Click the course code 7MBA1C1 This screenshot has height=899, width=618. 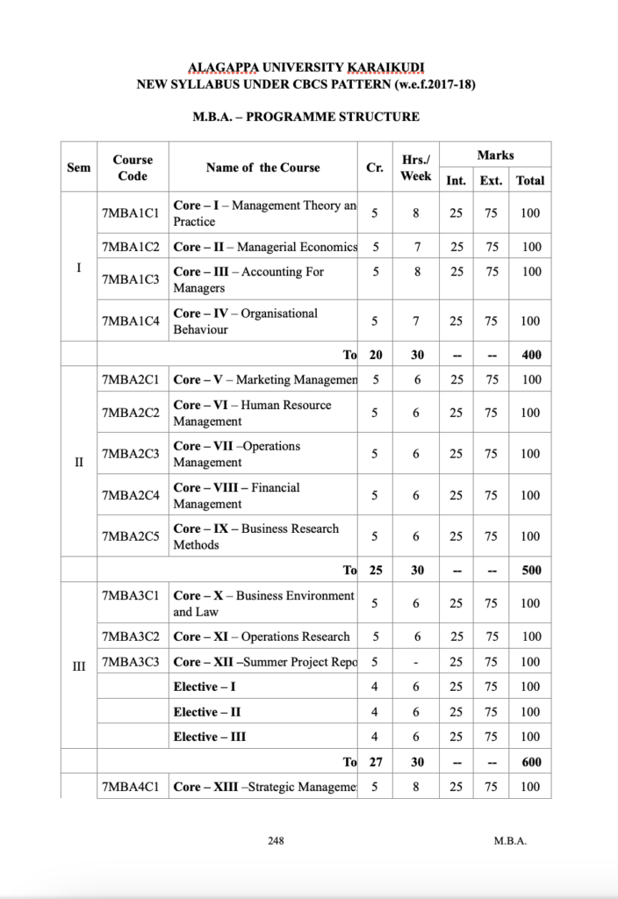[130, 213]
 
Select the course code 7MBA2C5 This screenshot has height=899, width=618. [130, 536]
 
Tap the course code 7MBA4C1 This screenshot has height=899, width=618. [130, 788]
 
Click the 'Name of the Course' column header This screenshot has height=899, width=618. [262, 168]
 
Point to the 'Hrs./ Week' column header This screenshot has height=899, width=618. [416, 168]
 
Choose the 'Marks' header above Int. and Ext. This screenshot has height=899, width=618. [495, 155]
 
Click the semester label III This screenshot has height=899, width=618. [78, 670]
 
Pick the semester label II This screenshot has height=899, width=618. [78, 463]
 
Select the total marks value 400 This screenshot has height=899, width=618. [530, 355]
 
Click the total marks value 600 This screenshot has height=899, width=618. [530, 763]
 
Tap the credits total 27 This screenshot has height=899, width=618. [376, 763]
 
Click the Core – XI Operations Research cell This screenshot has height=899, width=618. [262, 636]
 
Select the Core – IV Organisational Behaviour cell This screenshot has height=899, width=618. [246, 321]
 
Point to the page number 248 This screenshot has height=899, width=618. [275, 841]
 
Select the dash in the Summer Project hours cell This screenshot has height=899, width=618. [416, 662]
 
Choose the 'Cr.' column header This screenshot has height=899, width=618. [376, 168]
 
